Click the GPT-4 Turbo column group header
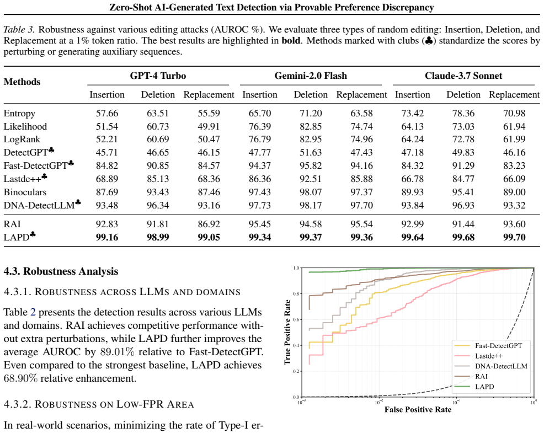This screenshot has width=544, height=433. [158, 76]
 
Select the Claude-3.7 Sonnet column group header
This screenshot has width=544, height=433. [463, 76]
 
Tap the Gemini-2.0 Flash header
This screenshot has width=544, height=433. [311, 76]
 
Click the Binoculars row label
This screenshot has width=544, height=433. [25, 192]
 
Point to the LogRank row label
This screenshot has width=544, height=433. [22, 140]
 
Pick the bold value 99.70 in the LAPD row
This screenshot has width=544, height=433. [514, 237]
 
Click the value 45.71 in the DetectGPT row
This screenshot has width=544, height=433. [107, 153]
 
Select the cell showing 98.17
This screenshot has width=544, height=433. [311, 205]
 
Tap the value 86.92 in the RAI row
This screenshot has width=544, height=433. [209, 224]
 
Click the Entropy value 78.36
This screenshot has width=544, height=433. [463, 114]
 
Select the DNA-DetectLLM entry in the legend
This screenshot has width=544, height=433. [491, 366]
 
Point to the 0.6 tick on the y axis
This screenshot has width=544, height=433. [296, 319]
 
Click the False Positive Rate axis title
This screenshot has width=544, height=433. [418, 410]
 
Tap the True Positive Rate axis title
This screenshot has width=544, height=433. [287, 332]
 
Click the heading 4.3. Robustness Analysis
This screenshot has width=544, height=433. [61, 271]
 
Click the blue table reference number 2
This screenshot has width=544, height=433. [33, 312]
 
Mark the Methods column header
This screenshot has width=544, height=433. [22, 82]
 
